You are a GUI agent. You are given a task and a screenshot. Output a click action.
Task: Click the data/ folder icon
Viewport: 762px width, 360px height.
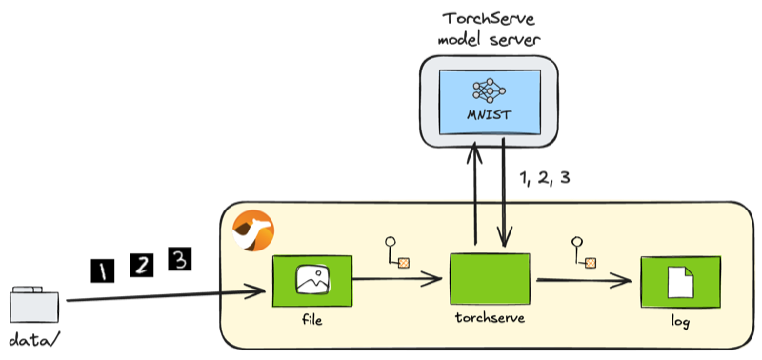34,305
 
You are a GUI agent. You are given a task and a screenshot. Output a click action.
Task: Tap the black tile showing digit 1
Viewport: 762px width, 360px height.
102,271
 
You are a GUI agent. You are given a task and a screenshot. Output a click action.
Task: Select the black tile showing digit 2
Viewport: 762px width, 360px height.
141,265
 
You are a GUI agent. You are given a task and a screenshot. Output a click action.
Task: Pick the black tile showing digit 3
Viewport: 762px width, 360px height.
180,258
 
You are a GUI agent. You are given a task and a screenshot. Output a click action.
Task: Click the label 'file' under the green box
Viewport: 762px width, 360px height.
311,320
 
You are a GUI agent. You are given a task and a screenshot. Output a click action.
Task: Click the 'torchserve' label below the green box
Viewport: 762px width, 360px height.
490,318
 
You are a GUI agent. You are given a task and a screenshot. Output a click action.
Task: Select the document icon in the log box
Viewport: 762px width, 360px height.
680,282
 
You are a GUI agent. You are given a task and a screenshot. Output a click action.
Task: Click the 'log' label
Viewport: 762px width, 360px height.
680,323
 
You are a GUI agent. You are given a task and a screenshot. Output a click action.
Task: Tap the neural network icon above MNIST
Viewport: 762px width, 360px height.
490,90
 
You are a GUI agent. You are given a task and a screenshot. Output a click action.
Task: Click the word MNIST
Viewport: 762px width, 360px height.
490,116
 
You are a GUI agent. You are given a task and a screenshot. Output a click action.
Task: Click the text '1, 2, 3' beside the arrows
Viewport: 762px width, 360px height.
545,178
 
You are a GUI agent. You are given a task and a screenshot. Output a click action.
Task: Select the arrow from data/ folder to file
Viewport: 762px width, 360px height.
166,296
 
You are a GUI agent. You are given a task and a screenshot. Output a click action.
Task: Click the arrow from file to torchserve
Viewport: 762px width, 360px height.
397,279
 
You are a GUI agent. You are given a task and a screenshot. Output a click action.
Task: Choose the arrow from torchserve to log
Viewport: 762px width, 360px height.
584,280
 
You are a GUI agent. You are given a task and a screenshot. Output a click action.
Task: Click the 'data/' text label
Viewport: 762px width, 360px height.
34,341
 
